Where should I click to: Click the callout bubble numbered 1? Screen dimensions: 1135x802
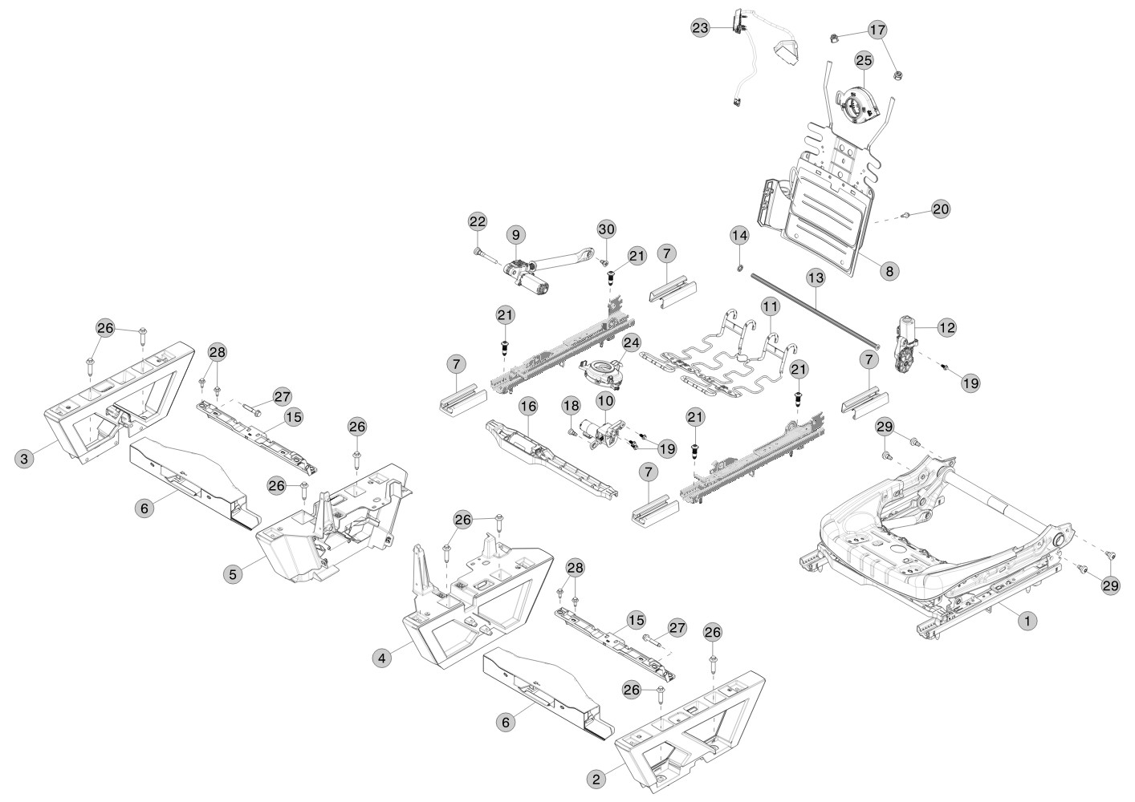click(1027, 620)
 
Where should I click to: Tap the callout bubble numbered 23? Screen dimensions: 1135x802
click(700, 27)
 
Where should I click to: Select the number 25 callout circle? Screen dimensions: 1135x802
click(864, 60)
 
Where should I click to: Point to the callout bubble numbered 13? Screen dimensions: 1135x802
click(816, 277)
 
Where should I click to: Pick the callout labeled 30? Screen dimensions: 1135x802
click(607, 229)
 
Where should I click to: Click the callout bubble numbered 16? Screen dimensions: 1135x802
click(528, 406)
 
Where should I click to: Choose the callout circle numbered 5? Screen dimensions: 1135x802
click(233, 574)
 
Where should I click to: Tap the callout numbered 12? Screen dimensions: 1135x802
click(947, 327)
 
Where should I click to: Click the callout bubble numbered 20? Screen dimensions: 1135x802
click(941, 209)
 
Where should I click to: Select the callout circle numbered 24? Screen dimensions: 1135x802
click(632, 342)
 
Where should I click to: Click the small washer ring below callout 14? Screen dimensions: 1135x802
click(739, 267)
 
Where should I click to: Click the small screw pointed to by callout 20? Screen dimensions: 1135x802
click(908, 216)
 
